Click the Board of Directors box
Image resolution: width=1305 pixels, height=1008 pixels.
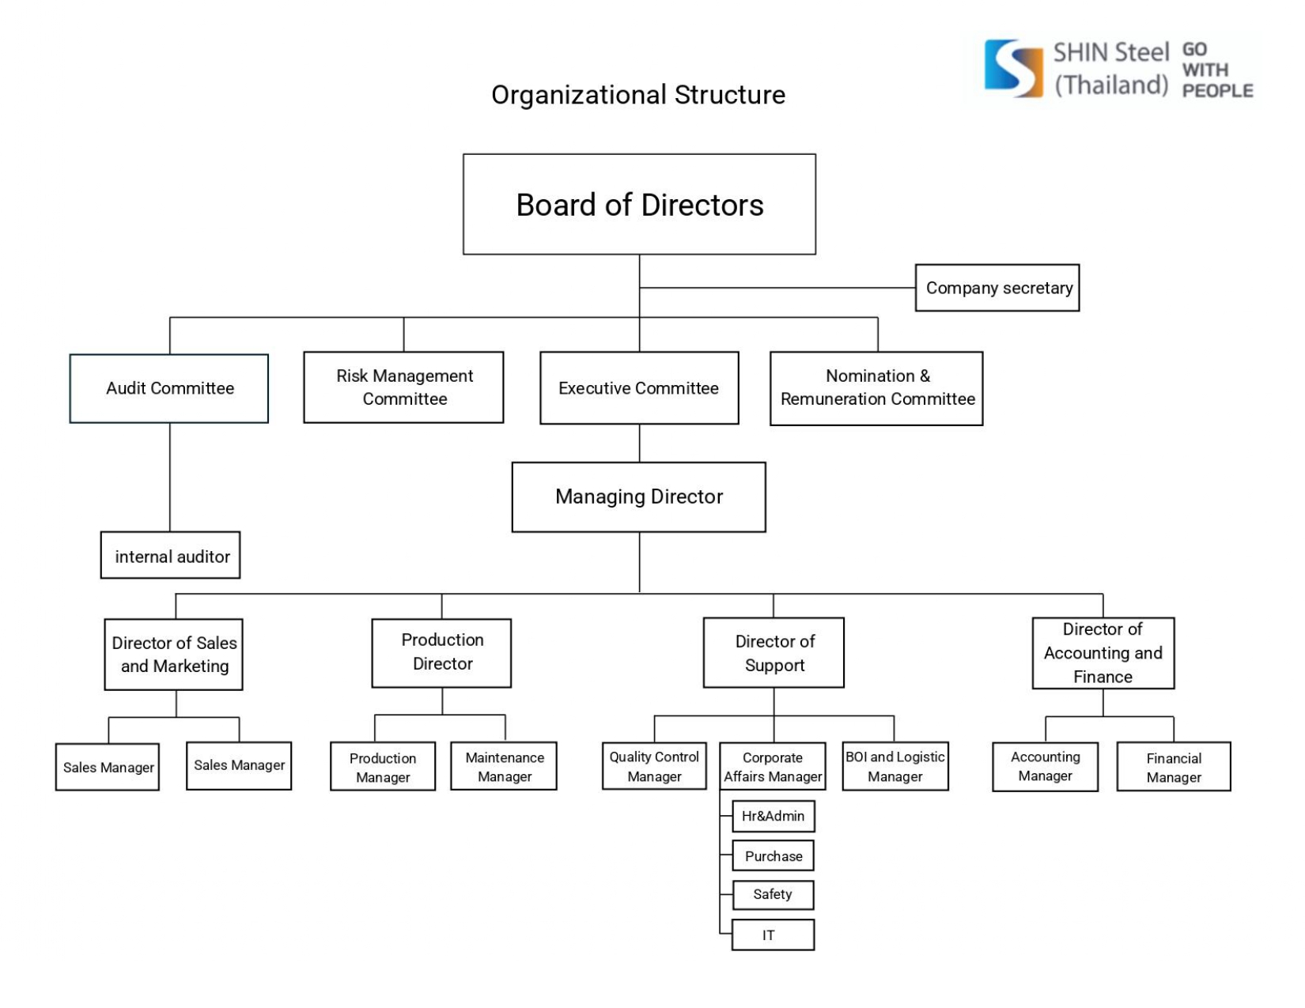639,204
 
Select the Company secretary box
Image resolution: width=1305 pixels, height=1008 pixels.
997,288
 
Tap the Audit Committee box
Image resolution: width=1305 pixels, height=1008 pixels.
169,388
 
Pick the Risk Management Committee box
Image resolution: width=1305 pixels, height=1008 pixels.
403,387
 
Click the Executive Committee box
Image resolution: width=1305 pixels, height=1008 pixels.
639,388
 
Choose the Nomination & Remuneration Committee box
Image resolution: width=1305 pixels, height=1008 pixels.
876,388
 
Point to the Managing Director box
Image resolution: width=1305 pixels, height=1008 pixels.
639,496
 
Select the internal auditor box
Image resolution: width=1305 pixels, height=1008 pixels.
171,556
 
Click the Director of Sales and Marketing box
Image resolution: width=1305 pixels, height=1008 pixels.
174,655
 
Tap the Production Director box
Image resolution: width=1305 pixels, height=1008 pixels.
441,652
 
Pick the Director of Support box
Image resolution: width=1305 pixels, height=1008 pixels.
774,652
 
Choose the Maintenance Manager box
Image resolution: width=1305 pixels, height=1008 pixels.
504,766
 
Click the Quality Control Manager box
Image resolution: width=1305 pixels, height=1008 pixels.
654,766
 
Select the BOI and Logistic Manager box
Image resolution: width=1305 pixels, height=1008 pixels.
895,766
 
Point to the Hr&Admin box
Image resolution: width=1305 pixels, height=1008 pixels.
774,816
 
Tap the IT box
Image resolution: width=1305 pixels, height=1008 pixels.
773,935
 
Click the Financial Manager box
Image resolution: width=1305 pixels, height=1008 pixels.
1174,767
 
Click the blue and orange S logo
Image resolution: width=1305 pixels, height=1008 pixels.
1013,69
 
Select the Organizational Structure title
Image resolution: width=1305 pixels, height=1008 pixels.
638,95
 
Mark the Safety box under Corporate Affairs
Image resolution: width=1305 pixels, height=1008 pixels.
773,895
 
